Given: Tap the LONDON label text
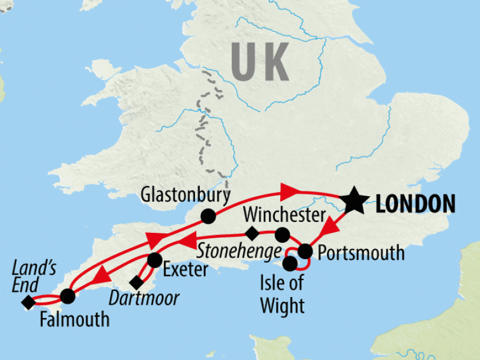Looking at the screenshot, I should (x=416, y=203).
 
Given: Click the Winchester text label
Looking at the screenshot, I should (x=285, y=215).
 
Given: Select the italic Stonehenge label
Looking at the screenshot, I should (x=240, y=248).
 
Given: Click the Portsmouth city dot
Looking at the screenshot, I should (x=305, y=250).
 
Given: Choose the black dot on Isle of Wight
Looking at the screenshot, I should (x=290, y=263).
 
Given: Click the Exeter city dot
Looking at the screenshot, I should (x=154, y=260).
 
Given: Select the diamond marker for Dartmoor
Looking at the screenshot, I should (x=136, y=282).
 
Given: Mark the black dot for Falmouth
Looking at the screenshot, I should (x=67, y=296).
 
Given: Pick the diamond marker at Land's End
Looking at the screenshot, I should (x=28, y=303).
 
